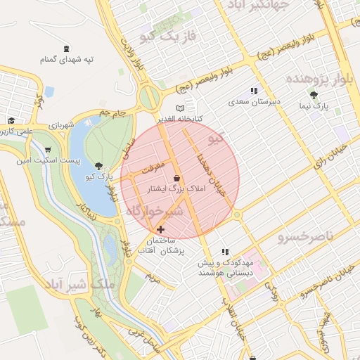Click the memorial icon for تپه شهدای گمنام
pyautogui.click(x=66, y=49)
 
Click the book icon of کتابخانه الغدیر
pyautogui.click(x=181, y=108)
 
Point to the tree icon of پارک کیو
pyautogui.click(x=97, y=166)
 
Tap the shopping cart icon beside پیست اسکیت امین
pyautogui.click(x=47, y=150)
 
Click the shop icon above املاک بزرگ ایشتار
pyautogui.click(x=175, y=179)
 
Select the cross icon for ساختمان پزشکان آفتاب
pyautogui.click(x=161, y=229)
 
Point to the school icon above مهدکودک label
pyautogui.click(x=225, y=252)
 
